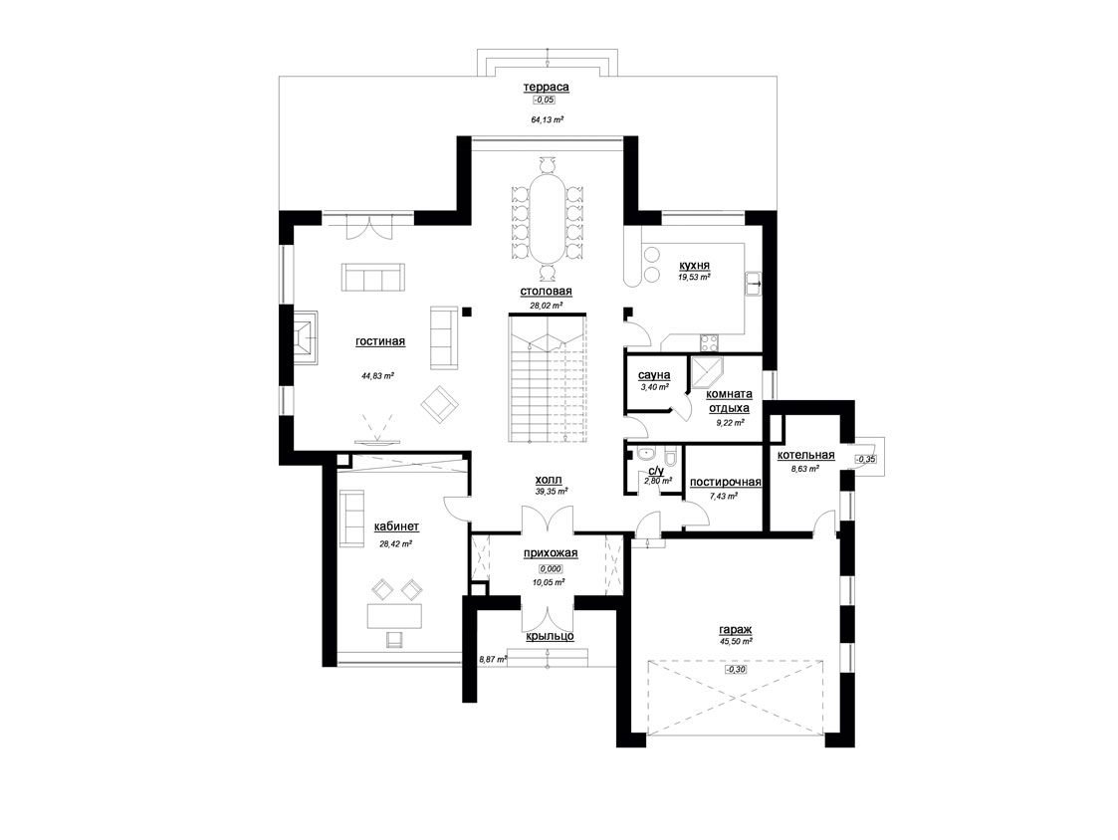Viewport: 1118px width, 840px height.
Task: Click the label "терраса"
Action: (x=547, y=87)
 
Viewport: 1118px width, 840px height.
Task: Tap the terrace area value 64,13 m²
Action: (x=547, y=119)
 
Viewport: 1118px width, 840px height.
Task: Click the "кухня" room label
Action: (x=695, y=266)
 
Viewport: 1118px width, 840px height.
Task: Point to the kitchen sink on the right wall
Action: (x=753, y=284)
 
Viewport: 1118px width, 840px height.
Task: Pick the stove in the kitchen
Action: (x=711, y=343)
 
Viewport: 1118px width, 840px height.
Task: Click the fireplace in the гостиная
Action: (x=305, y=336)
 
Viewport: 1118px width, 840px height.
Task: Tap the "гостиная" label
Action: (x=380, y=341)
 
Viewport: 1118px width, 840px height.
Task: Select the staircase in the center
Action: (x=547, y=377)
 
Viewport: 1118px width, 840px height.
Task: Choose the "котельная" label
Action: (x=805, y=455)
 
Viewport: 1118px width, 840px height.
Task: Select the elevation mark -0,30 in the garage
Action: (x=735, y=670)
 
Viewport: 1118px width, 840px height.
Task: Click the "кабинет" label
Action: (x=396, y=526)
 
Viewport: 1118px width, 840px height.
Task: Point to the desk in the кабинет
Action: (x=394, y=616)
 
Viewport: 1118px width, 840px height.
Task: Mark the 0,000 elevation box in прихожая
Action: (x=551, y=569)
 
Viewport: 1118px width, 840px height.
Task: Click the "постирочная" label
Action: (x=725, y=482)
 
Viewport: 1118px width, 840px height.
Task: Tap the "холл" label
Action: (x=549, y=480)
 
